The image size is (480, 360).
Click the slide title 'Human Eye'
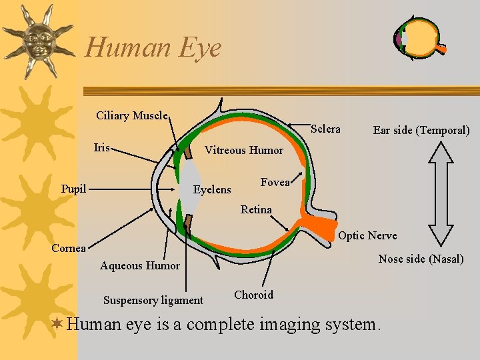pos(153,47)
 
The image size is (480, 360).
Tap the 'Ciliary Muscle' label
pos(131,115)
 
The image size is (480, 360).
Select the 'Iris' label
pos(102,147)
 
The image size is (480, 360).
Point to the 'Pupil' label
pos(73,189)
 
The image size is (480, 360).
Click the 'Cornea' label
pos(69,248)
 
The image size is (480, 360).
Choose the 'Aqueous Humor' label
pos(140,265)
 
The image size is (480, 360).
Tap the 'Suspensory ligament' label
pos(153,300)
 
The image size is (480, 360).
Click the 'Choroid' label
pos(253,295)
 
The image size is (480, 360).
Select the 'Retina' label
pos(256,209)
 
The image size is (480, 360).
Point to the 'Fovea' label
pos(275,182)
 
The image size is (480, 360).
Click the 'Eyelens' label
pos(212,190)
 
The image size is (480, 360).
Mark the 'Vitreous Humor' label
pos(243,150)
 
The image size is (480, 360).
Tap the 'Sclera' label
pos(325,129)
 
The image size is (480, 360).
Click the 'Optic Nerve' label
pos(367,235)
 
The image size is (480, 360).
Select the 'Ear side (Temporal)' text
pos(421,130)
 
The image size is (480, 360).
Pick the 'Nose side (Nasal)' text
pos(421,259)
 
